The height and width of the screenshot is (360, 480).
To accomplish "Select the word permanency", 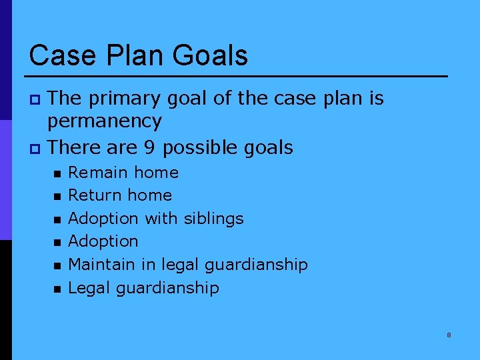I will [x=104, y=121].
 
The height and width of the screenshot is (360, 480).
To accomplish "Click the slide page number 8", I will [x=449, y=335].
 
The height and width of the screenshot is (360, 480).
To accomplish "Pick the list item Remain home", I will [x=123, y=173].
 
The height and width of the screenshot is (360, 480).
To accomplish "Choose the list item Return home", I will [x=120, y=195].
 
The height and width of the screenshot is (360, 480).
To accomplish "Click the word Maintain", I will [x=102, y=265].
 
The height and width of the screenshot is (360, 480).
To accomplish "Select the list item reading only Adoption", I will [x=103, y=241].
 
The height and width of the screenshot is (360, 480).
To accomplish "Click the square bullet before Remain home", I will [x=57, y=173].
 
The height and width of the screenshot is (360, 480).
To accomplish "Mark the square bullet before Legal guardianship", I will [x=57, y=289].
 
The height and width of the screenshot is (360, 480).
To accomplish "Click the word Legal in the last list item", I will [x=90, y=288].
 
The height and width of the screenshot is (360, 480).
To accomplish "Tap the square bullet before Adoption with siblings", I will [x=57, y=219].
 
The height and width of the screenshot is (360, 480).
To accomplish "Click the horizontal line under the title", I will [x=238, y=76].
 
